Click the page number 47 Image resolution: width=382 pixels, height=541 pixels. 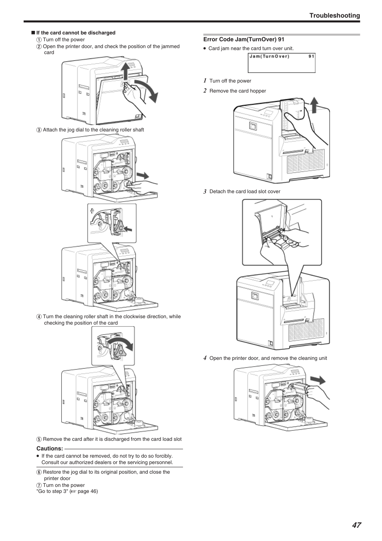[356, 525]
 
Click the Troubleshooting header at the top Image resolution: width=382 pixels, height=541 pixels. [334, 16]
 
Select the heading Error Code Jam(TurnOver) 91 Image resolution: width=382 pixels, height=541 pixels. [243, 40]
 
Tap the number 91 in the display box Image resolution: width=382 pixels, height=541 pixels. [311, 57]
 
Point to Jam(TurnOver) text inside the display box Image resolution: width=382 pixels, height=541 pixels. [269, 57]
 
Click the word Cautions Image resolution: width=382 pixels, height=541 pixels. [50, 448]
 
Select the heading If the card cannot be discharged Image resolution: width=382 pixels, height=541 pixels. [76, 33]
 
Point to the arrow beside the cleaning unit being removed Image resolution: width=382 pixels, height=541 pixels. [317, 380]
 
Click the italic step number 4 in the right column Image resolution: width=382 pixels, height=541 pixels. [205, 358]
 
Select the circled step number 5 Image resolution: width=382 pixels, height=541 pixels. [39, 439]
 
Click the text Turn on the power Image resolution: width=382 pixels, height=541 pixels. [64, 485]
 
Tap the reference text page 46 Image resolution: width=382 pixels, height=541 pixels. [87, 491]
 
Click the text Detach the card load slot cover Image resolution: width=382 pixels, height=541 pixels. [245, 192]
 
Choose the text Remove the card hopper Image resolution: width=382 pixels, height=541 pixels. [237, 91]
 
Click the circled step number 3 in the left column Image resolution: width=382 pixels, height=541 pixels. [39, 130]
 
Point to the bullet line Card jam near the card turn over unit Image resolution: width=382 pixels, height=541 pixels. [251, 48]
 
